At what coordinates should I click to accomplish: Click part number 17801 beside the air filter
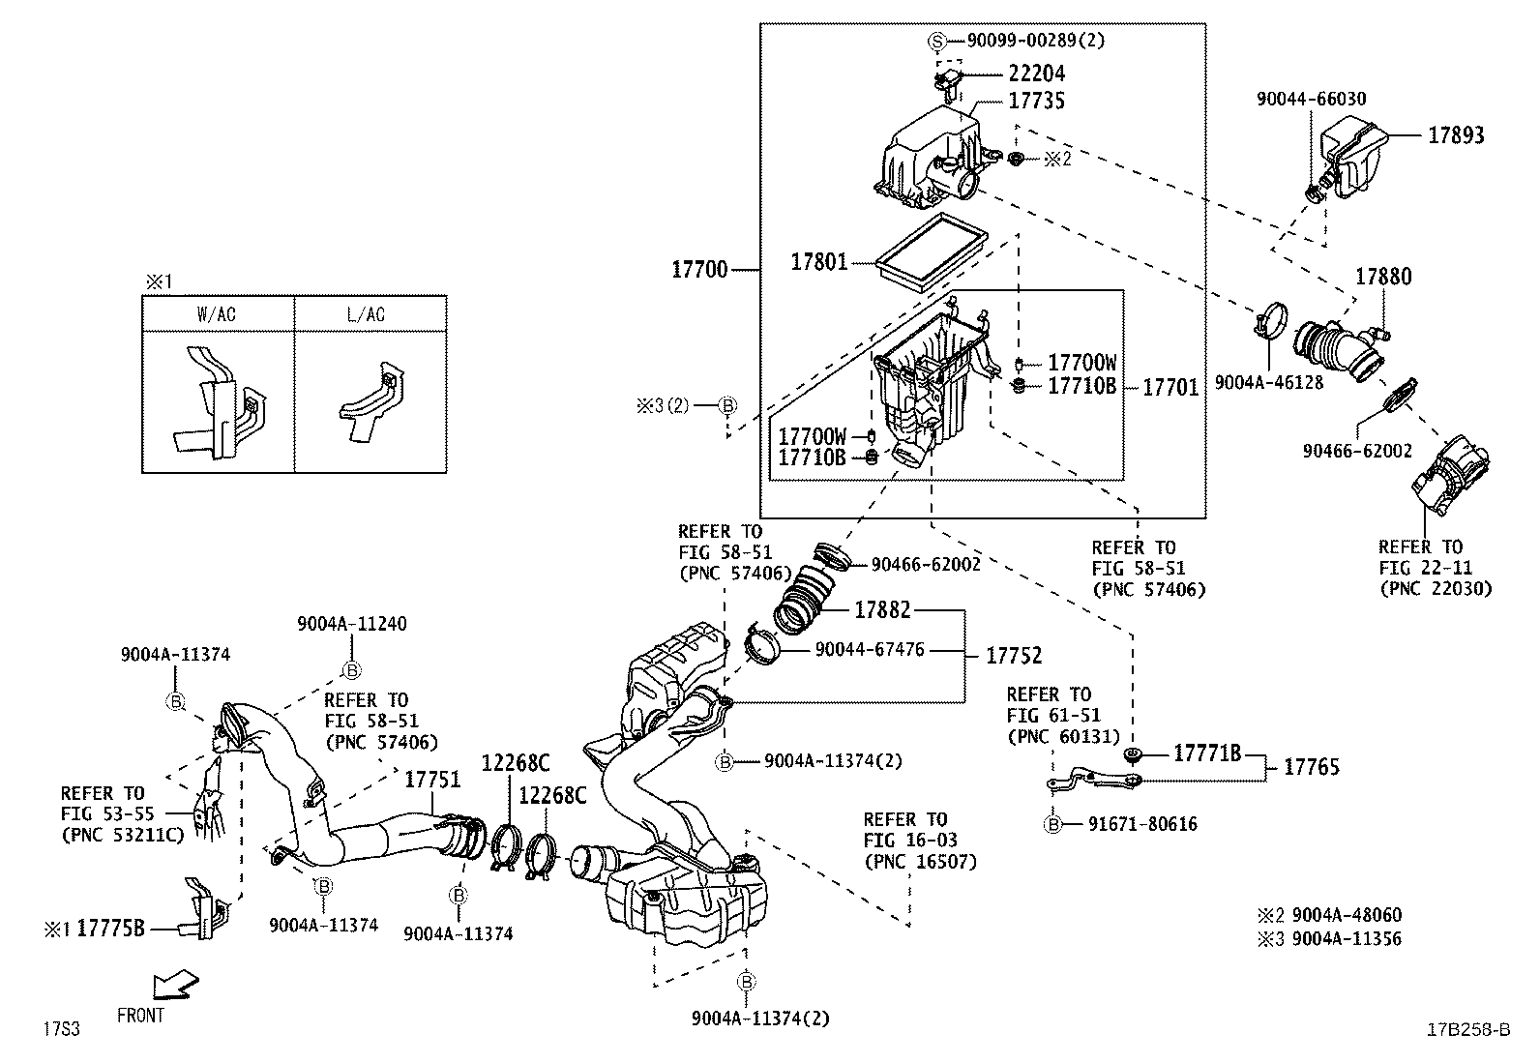click(x=818, y=262)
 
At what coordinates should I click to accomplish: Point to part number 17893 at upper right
click(x=1456, y=136)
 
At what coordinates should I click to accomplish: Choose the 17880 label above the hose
click(x=1382, y=278)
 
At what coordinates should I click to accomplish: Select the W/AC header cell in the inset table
click(x=217, y=314)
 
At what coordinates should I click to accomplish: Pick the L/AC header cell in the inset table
click(x=367, y=314)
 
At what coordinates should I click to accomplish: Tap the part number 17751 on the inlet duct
click(x=432, y=779)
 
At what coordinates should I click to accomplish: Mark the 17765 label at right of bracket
click(x=1311, y=768)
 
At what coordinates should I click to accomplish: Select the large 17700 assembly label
click(x=699, y=270)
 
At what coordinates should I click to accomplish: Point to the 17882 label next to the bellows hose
click(x=882, y=610)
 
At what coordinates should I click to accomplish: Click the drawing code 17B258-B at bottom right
click(x=1467, y=1029)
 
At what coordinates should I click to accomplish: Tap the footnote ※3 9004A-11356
click(x=1328, y=938)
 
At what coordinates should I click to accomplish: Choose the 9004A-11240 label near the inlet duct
click(x=351, y=624)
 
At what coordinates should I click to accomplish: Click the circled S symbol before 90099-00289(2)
click(x=936, y=41)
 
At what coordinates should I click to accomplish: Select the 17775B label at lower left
click(x=110, y=929)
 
